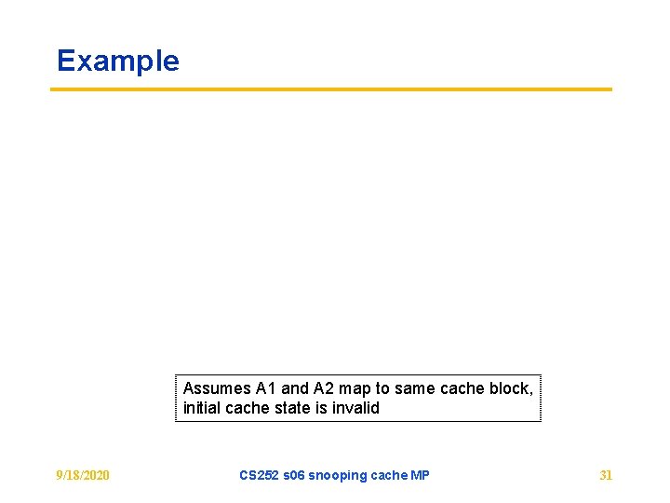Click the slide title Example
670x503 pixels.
pyautogui.click(x=117, y=61)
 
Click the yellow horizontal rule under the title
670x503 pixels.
pyautogui.click(x=330, y=89)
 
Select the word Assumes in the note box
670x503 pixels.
pyautogui.click(x=217, y=388)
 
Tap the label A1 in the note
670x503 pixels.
pyautogui.click(x=266, y=388)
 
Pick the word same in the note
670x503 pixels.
pyautogui.click(x=415, y=388)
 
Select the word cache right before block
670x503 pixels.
pyautogui.click(x=463, y=388)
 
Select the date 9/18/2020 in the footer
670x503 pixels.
pyautogui.click(x=83, y=475)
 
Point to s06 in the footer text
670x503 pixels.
pyautogui.click(x=294, y=475)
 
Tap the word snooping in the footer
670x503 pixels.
pyautogui.click(x=338, y=475)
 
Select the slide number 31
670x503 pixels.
pyautogui.click(x=606, y=475)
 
